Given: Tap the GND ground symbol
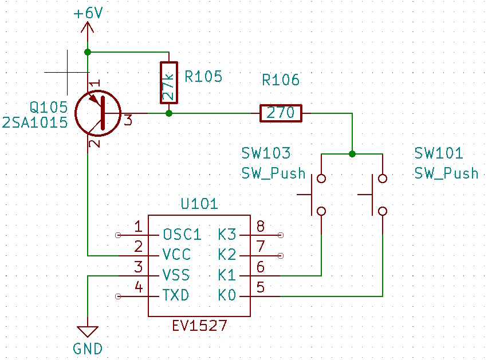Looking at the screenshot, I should [88, 331].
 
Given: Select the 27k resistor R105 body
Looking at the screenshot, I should [168, 82].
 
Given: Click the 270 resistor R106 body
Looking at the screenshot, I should [281, 113].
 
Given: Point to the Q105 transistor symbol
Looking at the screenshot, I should [100, 113].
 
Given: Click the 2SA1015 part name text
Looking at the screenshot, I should [35, 122].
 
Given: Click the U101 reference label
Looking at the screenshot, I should [199, 204].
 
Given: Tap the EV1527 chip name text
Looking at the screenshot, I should [199, 326].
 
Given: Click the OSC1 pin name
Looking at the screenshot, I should [182, 235].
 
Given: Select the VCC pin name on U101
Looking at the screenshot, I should [176, 255].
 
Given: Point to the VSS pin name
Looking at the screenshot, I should [176, 276].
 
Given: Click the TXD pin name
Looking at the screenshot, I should [176, 296].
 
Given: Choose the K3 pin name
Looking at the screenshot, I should [227, 235].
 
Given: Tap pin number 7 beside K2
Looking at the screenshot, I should [260, 247].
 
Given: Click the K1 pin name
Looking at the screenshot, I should [227, 276].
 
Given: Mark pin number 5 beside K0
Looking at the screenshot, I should [260, 288].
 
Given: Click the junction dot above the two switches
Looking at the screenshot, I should [352, 154].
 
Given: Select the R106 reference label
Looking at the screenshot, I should [281, 80].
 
